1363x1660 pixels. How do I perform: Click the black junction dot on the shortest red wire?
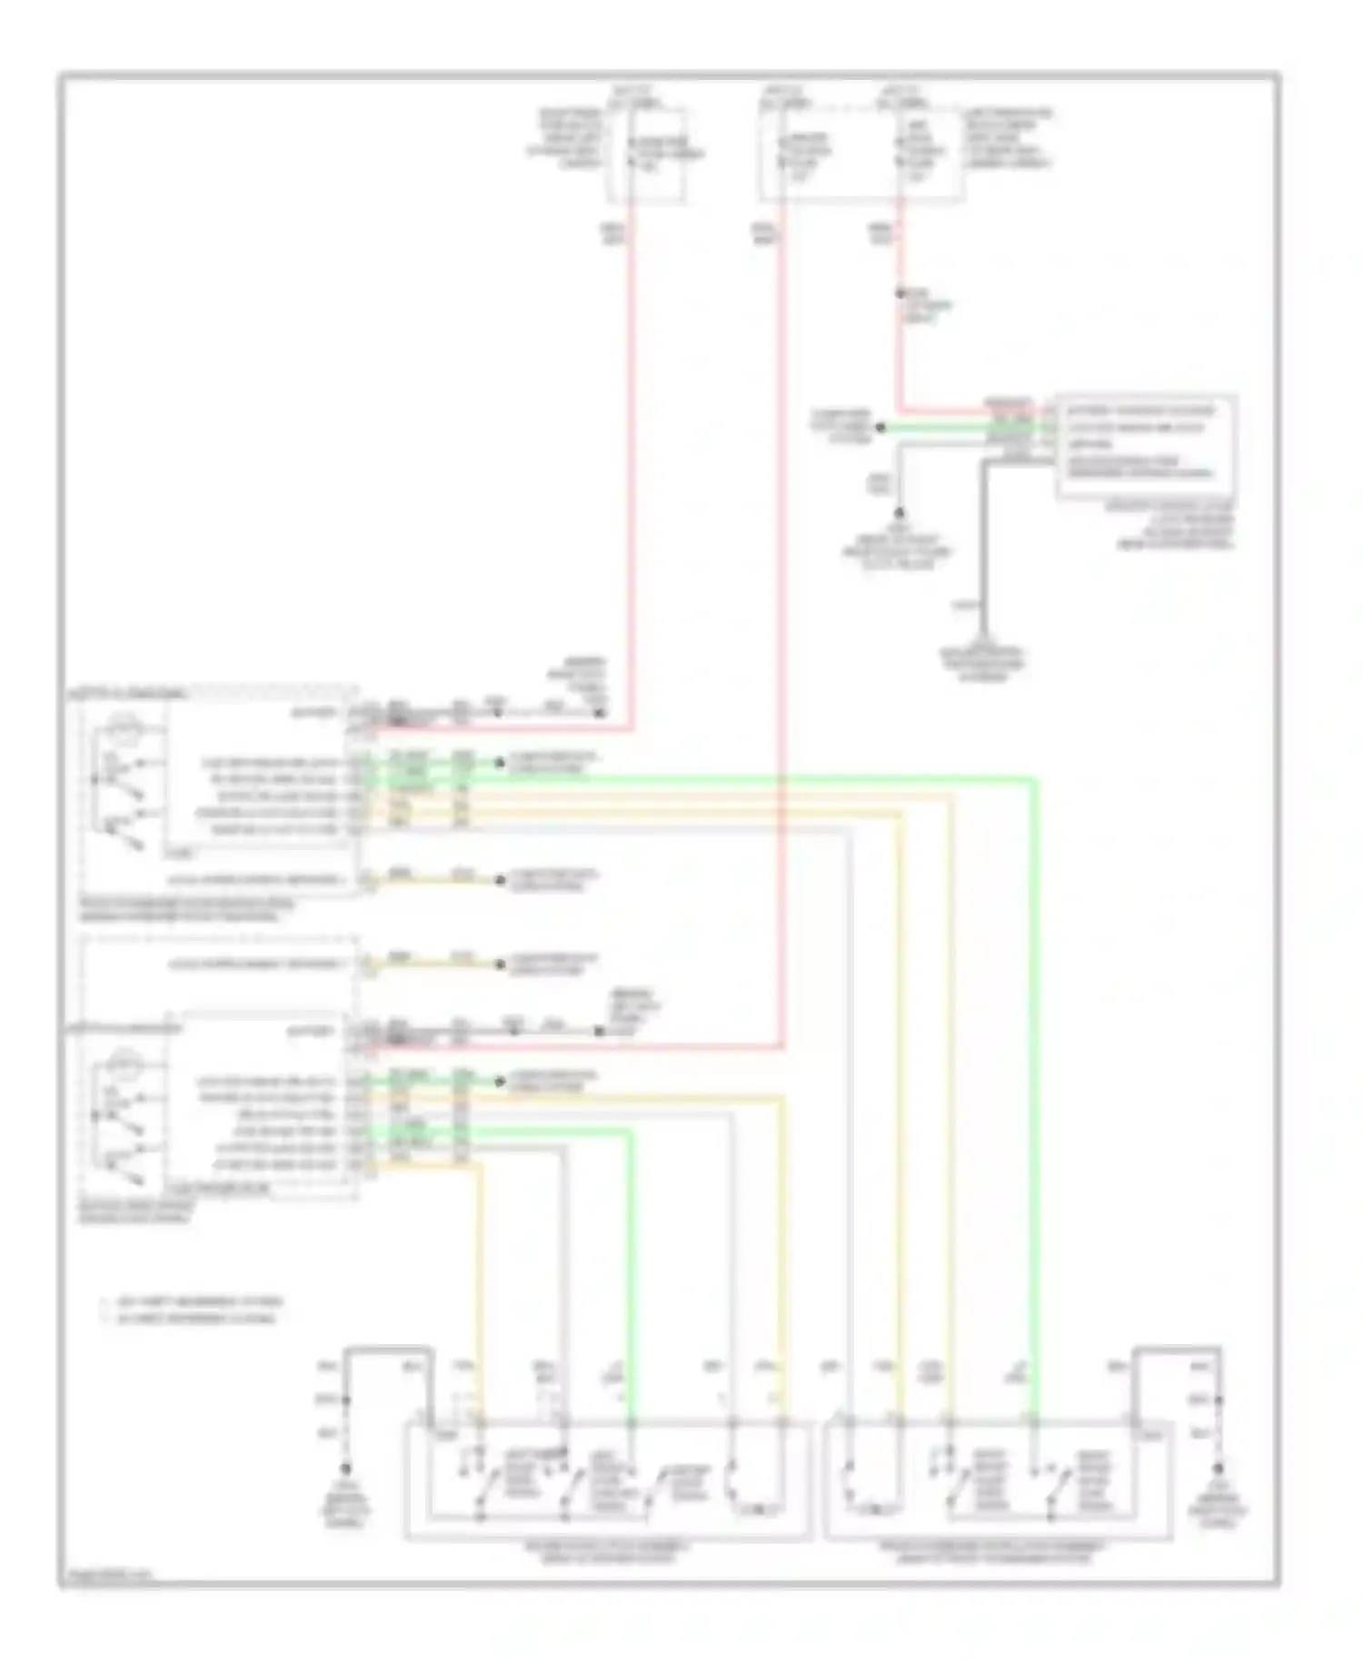(900, 293)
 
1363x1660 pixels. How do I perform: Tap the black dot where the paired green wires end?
(880, 427)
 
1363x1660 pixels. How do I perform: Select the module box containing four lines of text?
(1146, 444)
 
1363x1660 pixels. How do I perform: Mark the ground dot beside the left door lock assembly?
(345, 1467)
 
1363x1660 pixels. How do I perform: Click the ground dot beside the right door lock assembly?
(1217, 1467)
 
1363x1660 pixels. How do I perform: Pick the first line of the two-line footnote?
(191, 1301)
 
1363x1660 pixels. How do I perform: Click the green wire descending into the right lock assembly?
(1035, 1090)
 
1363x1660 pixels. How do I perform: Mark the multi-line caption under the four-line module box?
(1172, 525)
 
